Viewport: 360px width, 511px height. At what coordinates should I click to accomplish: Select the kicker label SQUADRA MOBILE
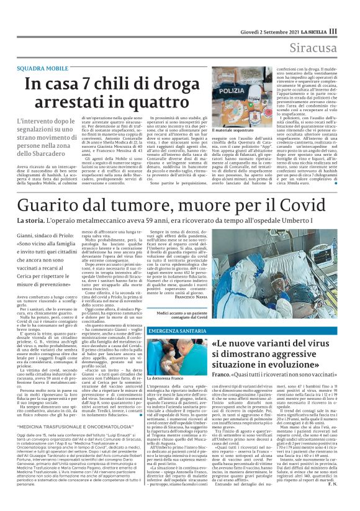click(x=43, y=67)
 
